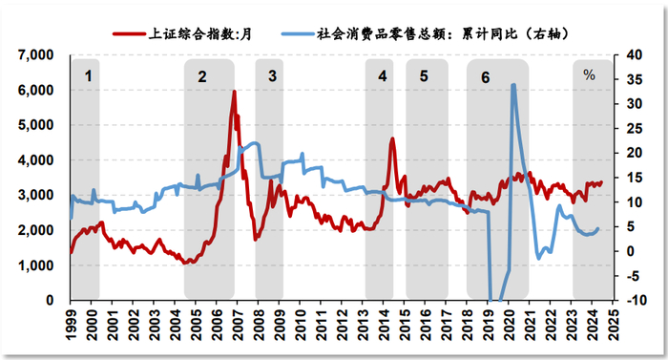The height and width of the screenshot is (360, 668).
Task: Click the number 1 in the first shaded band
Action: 88,74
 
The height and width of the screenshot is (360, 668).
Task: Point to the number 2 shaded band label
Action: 201,74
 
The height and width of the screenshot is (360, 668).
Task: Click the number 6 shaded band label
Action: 486,74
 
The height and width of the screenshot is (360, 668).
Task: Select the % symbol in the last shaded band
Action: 589,74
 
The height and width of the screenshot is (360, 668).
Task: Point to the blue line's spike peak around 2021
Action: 513,85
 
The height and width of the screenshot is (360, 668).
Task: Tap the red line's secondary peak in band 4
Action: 392,139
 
